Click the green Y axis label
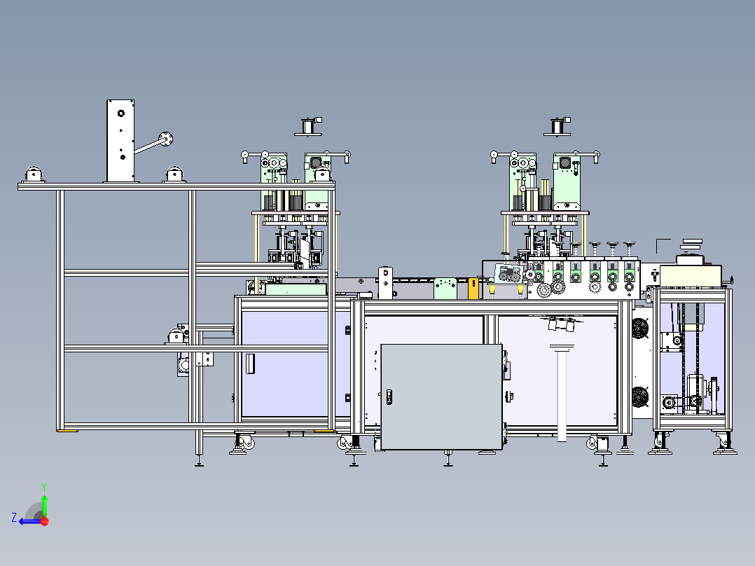point(44,487)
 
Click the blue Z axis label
point(14,518)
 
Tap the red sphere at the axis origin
point(45,521)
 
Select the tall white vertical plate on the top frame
point(120,141)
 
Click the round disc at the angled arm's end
point(165,139)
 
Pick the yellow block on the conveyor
point(473,289)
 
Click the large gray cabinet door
point(441,397)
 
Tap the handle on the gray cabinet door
point(389,397)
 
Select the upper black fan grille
point(640,329)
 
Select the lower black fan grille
point(640,397)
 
